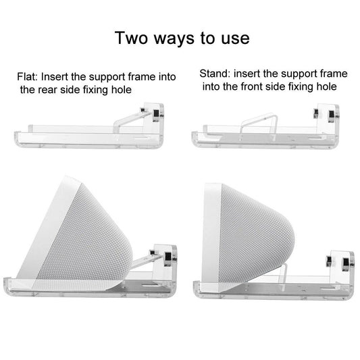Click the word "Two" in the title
[x=131, y=38]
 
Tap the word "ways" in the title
[x=174, y=39]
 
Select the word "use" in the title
[x=235, y=39]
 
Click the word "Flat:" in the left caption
[x=27, y=77]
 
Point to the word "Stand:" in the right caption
[x=215, y=74]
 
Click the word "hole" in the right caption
[x=327, y=86]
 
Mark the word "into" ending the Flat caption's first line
[x=168, y=77]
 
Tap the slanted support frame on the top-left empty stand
[x=130, y=120]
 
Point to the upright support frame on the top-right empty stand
[x=259, y=125]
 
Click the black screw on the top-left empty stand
[x=156, y=113]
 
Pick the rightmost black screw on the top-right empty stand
[x=331, y=114]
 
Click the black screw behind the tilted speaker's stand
[x=168, y=256]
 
